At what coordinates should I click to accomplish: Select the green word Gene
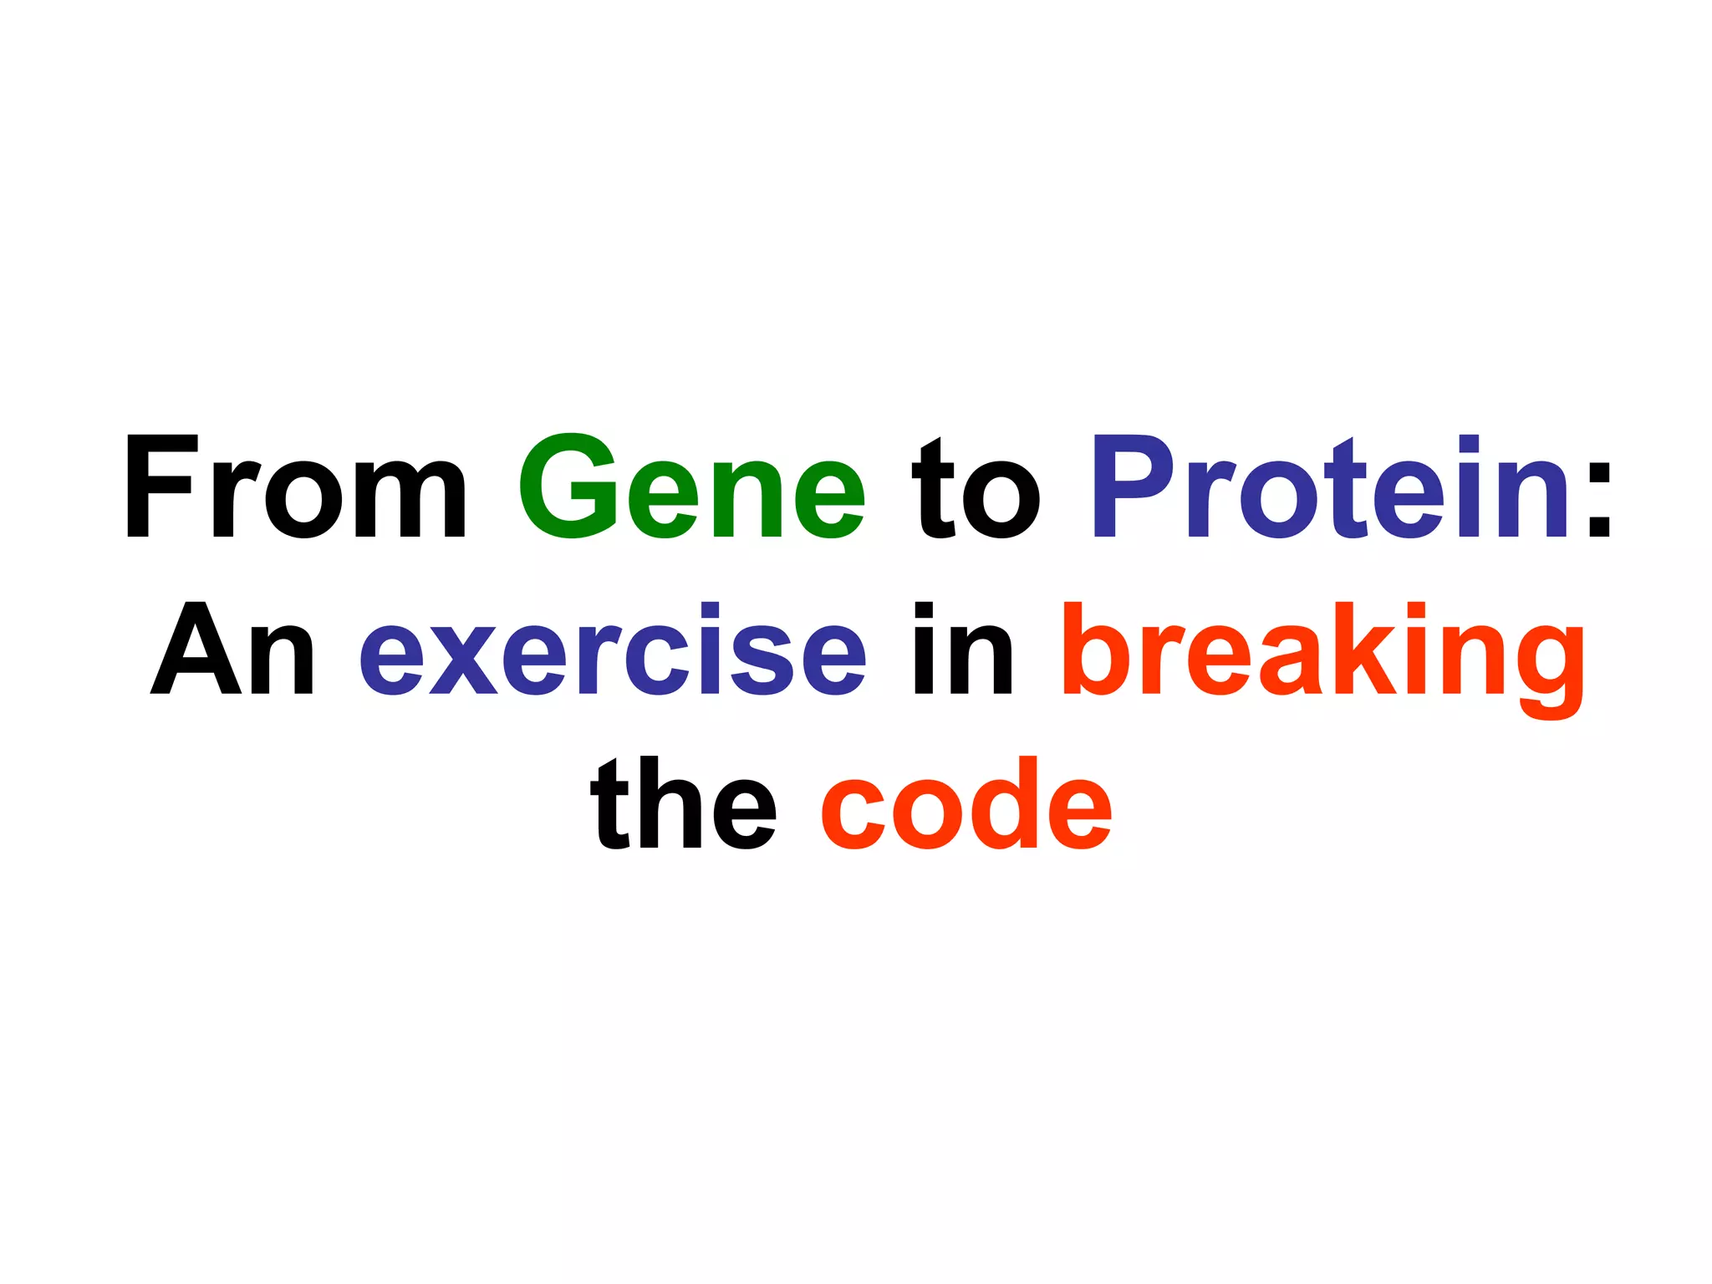pyautogui.click(x=691, y=487)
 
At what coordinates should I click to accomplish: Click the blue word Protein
pyautogui.click(x=1329, y=487)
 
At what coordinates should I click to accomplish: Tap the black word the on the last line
pyautogui.click(x=683, y=804)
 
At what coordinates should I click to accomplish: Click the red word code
pyautogui.click(x=966, y=804)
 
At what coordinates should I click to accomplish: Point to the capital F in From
pyautogui.click(x=160, y=486)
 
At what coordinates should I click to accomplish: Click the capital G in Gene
pyautogui.click(x=568, y=486)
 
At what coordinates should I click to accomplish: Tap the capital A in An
pyautogui.click(x=190, y=649)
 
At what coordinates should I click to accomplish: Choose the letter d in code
pyautogui.click(x=1005, y=804)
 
